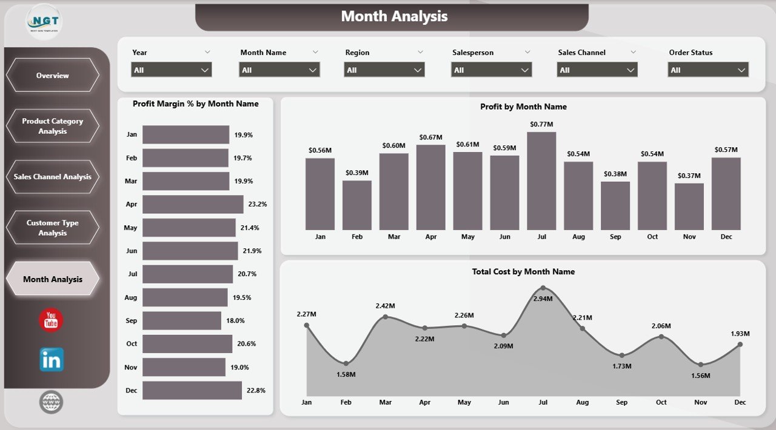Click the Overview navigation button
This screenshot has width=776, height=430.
click(x=52, y=75)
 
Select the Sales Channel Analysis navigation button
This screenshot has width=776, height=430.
click(x=52, y=177)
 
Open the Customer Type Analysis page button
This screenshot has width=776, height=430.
click(x=52, y=228)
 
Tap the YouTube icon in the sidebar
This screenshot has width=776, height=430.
click(x=51, y=320)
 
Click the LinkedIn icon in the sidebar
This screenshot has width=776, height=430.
click(x=52, y=360)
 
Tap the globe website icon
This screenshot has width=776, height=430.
click(x=51, y=402)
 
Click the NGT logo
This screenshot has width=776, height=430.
click(x=43, y=22)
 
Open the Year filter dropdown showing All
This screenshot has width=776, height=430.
click(x=172, y=70)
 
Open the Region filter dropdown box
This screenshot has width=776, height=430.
click(x=384, y=70)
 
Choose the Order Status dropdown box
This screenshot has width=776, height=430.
click(x=708, y=70)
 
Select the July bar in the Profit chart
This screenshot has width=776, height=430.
click(x=541, y=180)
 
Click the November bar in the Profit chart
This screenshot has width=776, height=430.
click(x=689, y=207)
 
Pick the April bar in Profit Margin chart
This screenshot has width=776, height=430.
click(x=193, y=204)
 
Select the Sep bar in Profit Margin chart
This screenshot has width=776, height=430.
click(x=182, y=320)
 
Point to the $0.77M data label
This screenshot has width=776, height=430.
click(x=541, y=124)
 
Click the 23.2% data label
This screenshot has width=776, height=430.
click(x=257, y=205)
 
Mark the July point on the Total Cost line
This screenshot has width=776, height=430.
click(x=543, y=288)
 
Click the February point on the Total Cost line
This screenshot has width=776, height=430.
click(x=346, y=363)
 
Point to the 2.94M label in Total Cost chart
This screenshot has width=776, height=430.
click(x=543, y=299)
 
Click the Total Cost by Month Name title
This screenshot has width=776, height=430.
click(x=523, y=272)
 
